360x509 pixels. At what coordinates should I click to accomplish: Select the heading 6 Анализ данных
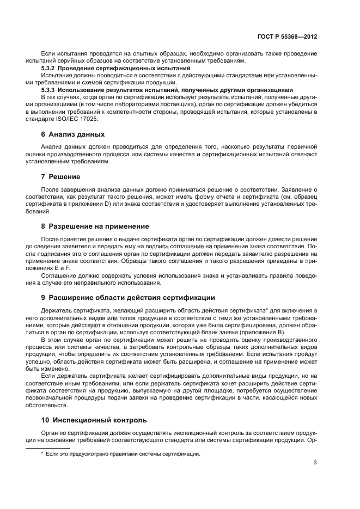[x=72, y=134]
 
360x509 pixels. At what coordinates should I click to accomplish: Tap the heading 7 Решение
[x=60, y=177]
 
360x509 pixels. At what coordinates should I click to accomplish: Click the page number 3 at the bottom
[x=315, y=463]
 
